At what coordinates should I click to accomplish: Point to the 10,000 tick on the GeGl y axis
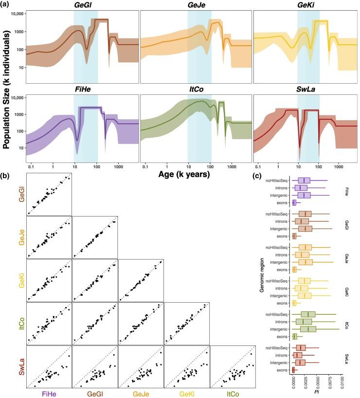pyautogui.click(x=17, y=14)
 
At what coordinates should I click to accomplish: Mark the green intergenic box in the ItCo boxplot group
pyautogui.click(x=308, y=329)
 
